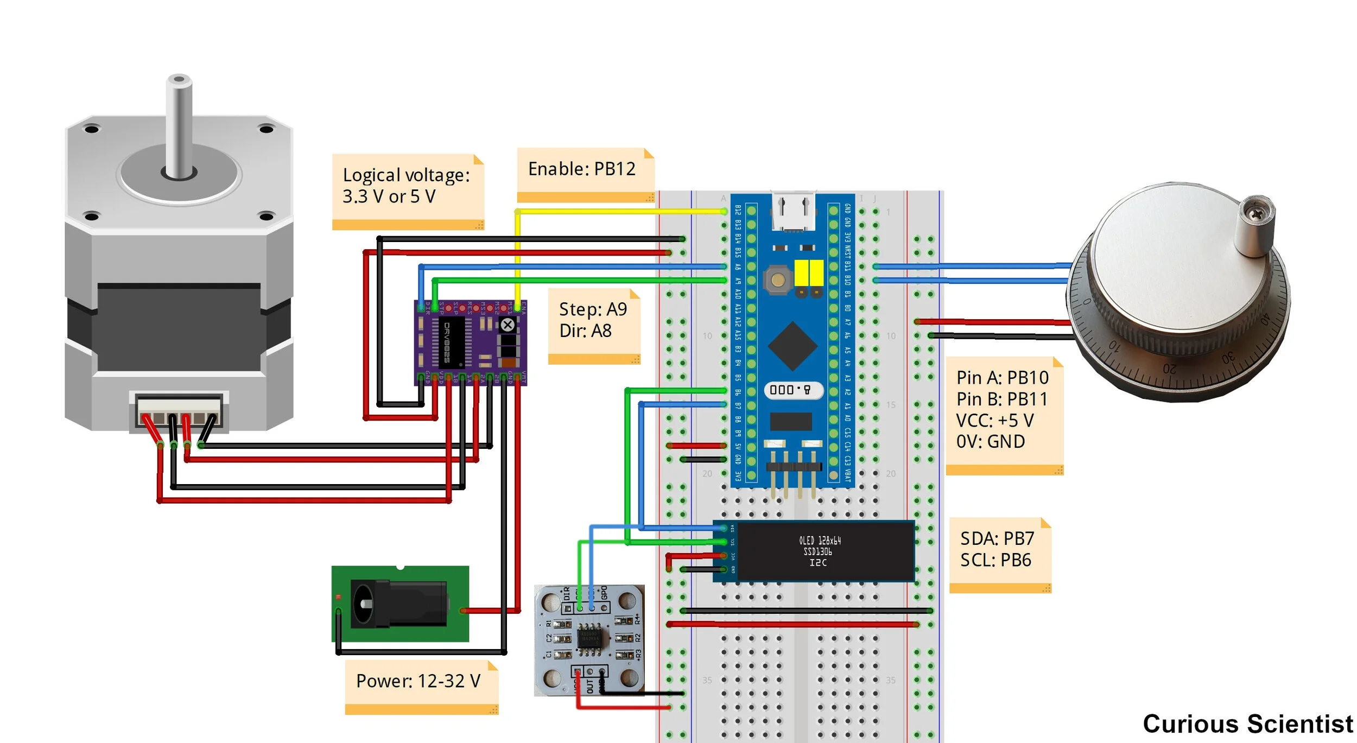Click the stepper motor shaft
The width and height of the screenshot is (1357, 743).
(x=179, y=128)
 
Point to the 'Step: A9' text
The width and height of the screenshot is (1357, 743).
(x=593, y=309)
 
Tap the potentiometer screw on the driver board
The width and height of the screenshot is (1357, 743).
(x=508, y=325)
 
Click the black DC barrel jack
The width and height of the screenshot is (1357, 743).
(x=399, y=603)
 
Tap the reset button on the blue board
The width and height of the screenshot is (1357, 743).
(x=778, y=280)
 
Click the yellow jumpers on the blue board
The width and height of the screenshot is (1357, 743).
(x=809, y=273)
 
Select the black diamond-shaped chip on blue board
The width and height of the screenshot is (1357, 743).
(x=792, y=346)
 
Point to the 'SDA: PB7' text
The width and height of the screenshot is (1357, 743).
(x=997, y=538)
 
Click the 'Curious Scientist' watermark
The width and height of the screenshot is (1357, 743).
(x=1247, y=723)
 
